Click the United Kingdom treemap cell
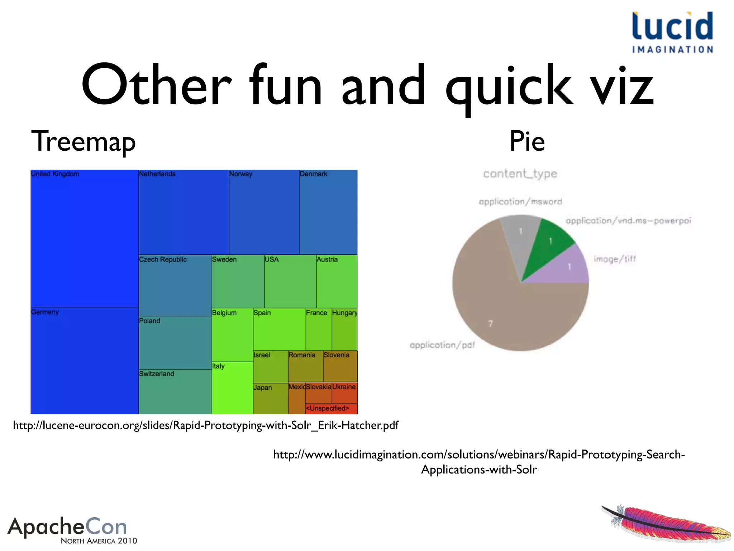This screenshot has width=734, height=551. coord(85,239)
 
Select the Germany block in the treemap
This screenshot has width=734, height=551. coord(85,361)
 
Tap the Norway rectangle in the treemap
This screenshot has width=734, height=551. coord(264,212)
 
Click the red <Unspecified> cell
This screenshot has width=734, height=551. coord(331,409)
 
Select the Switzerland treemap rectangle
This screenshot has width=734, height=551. coord(175,392)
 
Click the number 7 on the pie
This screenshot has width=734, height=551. coord(491,324)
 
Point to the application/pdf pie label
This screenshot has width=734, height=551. coord(442,345)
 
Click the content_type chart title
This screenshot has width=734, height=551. coord(520,174)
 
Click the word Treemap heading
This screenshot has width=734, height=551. coord(84,141)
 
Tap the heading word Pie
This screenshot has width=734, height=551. coord(527,141)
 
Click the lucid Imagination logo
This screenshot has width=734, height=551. coord(672,32)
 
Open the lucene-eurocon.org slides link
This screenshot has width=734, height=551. coord(205,425)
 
